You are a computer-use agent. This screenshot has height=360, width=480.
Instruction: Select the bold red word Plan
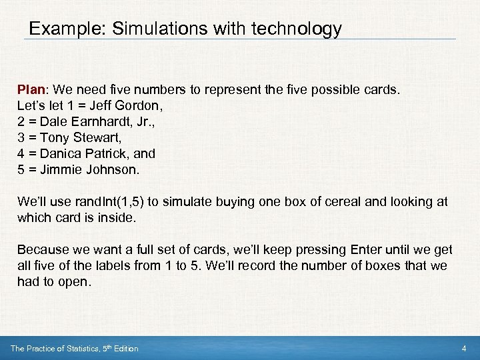coord(32,89)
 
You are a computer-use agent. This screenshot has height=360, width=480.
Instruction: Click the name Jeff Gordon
coord(130,105)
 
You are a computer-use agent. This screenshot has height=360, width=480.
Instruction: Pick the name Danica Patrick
coord(83,153)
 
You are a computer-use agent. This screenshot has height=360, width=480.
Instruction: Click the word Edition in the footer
coord(125,349)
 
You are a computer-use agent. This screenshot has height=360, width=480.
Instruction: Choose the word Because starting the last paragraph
coord(43,249)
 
